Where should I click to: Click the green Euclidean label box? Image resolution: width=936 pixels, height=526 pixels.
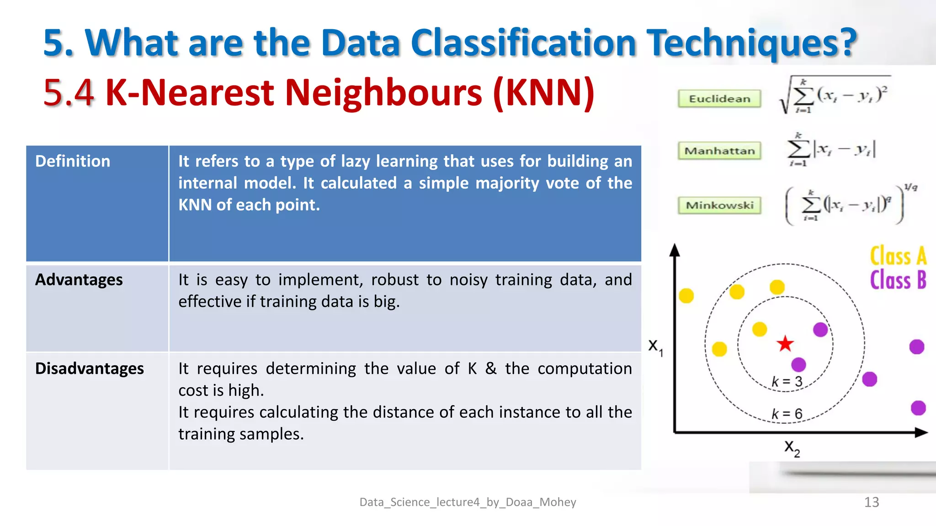719,99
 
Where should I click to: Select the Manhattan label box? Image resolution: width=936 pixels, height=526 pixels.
719,151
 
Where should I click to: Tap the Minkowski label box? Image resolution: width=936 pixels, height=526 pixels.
719,205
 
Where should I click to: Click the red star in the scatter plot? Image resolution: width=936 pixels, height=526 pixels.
785,344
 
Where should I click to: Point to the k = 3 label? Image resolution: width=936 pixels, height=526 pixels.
787,381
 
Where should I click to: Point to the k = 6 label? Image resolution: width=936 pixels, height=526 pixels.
787,414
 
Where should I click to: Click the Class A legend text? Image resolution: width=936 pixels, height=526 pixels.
898,256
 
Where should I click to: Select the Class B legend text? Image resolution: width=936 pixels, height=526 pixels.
898,280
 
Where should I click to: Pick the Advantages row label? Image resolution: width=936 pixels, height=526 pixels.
79,279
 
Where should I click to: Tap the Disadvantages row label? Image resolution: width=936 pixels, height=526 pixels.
90,368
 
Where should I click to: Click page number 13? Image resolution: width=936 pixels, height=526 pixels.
871,502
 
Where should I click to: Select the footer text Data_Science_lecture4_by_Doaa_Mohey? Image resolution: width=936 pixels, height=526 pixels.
468,502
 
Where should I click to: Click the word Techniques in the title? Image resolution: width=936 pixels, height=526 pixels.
752,43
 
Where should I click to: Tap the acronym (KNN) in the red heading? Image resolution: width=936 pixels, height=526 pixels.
544,93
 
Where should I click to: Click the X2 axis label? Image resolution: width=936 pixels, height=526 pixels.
792,448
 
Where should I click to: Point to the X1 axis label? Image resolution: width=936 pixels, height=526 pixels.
655,347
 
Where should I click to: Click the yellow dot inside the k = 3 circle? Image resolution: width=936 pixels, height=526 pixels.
759,329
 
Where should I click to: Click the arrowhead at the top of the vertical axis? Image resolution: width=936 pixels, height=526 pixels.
675,250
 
